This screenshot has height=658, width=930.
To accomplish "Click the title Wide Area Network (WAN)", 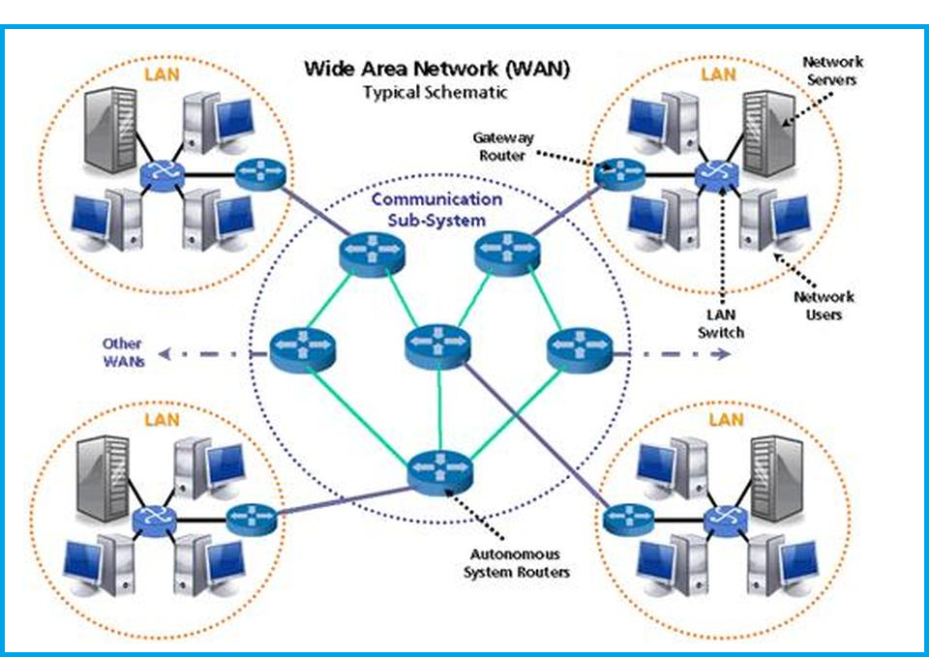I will [436, 69].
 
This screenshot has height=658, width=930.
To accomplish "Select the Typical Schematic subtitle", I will [435, 93].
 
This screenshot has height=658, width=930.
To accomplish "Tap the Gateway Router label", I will [504, 146].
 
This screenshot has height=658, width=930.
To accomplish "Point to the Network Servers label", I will [830, 71].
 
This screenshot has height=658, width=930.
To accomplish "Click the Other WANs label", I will [123, 352].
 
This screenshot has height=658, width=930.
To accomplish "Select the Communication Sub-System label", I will [437, 209].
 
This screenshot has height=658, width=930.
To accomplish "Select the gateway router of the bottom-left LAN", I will [252, 520].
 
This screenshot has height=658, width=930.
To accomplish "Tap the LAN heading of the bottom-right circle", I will [726, 419].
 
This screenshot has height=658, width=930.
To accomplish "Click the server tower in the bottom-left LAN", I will [98, 479].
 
